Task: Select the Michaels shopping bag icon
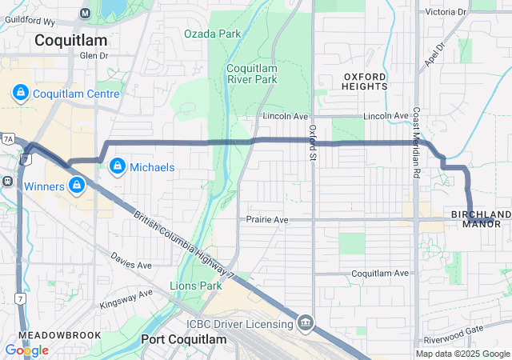coord(118,166)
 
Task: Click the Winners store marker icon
coord(76,186)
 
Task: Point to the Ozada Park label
coord(212,34)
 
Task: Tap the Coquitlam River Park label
coord(251,74)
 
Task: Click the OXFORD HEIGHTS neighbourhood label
coord(365,80)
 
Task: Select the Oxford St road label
coord(313,142)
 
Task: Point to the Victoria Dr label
coord(446,12)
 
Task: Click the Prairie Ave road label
coord(266,219)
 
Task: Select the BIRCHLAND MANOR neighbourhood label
coord(481,219)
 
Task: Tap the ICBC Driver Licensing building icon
coord(305,323)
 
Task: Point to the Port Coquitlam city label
coord(184,339)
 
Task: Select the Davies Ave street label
coord(131,263)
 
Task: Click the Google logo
coord(26,350)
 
